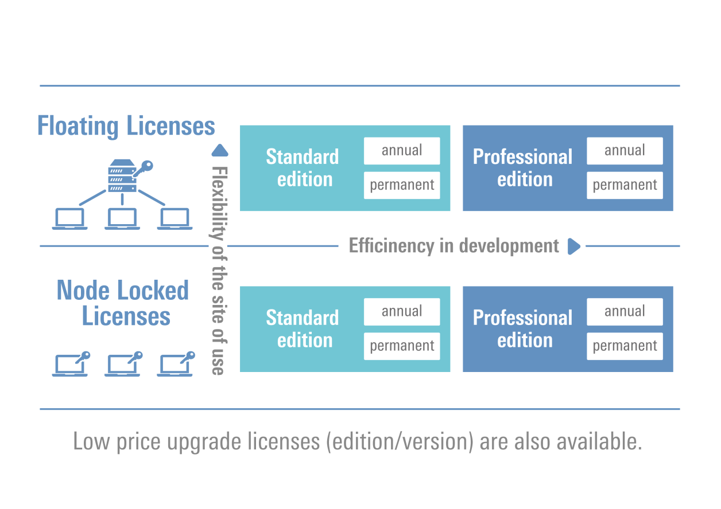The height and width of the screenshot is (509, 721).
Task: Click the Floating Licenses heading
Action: pos(126,126)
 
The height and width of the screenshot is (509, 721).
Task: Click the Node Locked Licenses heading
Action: pos(123,303)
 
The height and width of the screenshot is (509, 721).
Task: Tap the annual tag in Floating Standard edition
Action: pos(402,151)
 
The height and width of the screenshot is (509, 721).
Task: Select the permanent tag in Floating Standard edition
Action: pos(402,185)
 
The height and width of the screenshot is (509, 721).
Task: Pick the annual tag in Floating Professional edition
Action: pos(625,151)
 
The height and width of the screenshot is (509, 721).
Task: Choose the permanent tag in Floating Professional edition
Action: pos(625,185)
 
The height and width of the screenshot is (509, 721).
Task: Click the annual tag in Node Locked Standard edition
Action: pos(402,312)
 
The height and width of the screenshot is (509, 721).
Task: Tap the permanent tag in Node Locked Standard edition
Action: pos(402,346)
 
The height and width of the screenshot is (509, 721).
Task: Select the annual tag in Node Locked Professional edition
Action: pos(625,312)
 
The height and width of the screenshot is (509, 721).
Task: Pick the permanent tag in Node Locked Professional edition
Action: pos(625,346)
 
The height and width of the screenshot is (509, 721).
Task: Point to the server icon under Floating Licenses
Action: pos(122,176)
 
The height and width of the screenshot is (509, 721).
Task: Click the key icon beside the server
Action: pos(143,169)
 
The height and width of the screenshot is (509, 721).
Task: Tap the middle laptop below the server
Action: pos(122,219)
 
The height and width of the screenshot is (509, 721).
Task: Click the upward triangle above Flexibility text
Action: pos(220,151)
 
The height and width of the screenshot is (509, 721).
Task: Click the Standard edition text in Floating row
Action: pos(303,168)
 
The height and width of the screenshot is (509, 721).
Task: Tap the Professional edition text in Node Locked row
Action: pos(522,329)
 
